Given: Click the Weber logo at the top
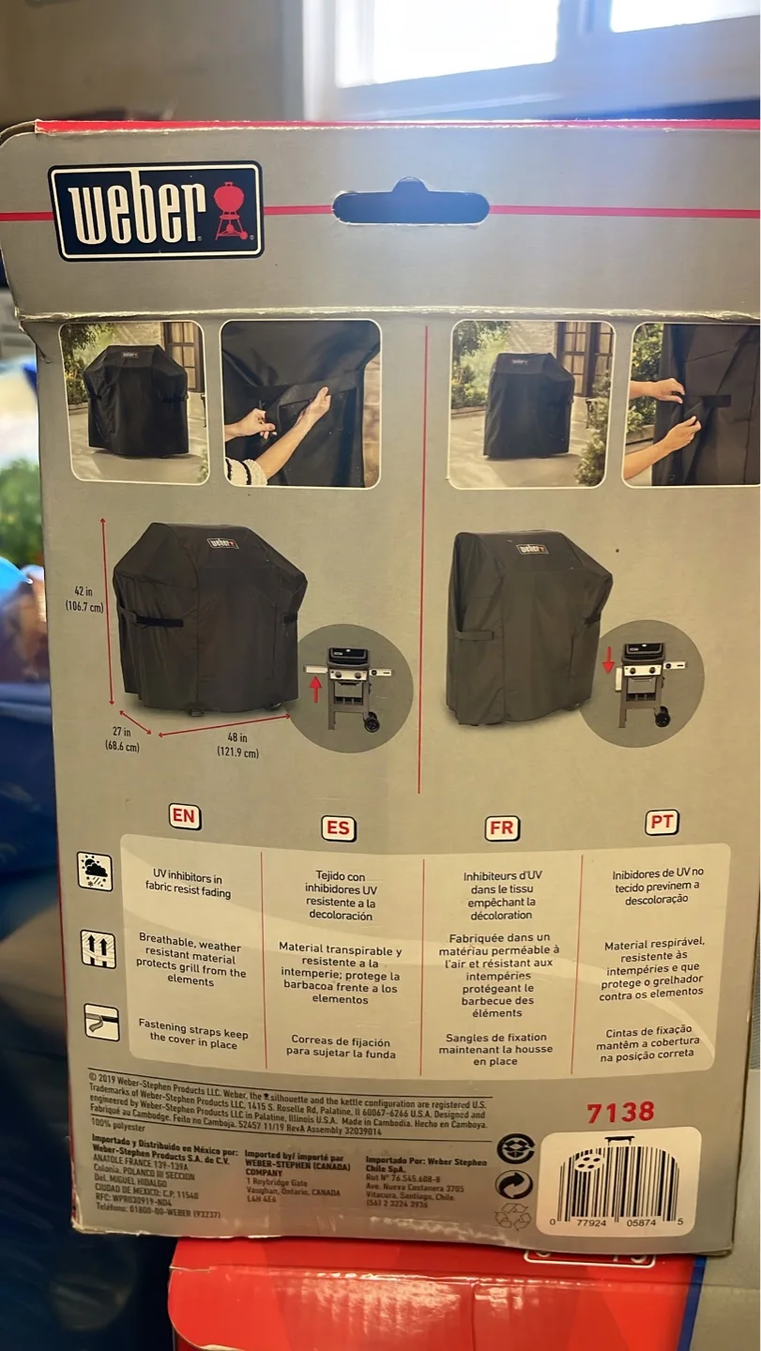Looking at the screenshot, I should click(x=156, y=210).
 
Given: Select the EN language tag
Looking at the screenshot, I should click(x=185, y=815).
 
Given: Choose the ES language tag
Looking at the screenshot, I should click(x=338, y=827).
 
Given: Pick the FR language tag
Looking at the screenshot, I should click(x=502, y=828).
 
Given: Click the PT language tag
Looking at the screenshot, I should click(x=662, y=822).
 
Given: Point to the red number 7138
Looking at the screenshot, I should click(x=620, y=1113).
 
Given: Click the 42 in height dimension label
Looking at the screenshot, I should click(x=84, y=599).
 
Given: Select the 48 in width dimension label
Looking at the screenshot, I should click(x=236, y=744).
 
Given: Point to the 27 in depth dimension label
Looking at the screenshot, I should click(x=122, y=740).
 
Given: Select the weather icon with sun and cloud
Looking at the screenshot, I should click(x=95, y=871).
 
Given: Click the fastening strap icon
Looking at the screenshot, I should click(x=101, y=1022).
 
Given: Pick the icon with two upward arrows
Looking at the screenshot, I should click(x=98, y=949).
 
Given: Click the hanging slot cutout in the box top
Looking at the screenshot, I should click(x=410, y=205).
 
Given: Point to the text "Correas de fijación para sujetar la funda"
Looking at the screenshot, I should click(x=340, y=1046).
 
